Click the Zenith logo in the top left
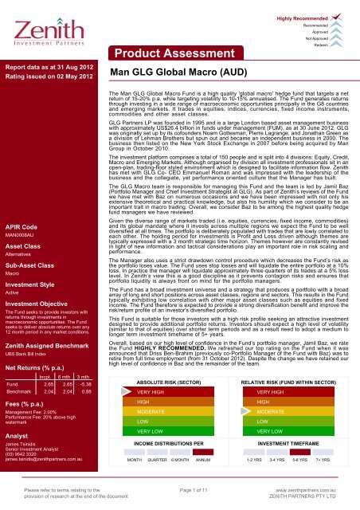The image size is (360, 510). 40,24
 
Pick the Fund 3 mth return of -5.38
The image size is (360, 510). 91,383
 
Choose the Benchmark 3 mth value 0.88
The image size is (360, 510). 92,392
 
